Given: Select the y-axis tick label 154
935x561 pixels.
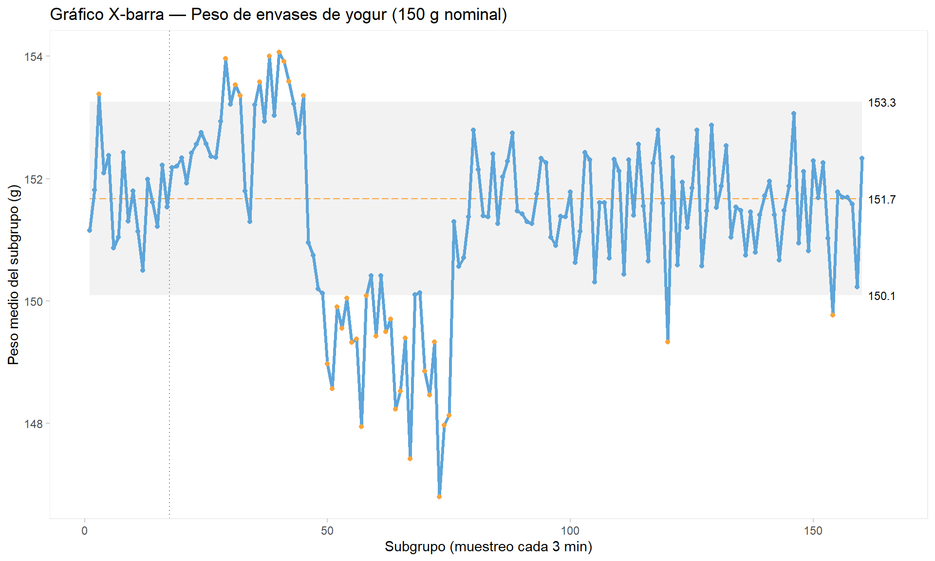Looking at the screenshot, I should click(33, 57).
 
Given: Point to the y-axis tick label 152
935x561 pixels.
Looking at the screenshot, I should click(33, 179).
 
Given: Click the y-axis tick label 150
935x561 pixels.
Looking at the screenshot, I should click(33, 301).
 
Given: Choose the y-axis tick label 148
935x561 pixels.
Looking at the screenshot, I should click(33, 424).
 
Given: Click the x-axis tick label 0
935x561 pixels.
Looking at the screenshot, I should click(85, 531).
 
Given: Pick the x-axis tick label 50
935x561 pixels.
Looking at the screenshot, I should click(327, 531).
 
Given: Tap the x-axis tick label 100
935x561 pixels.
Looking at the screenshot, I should click(570, 531).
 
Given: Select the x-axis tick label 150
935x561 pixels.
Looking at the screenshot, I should click(813, 531).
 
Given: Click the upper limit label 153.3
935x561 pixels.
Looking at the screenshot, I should click(881, 103).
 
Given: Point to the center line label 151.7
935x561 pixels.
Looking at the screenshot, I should click(881, 200).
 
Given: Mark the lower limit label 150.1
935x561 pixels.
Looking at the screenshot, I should click(881, 296).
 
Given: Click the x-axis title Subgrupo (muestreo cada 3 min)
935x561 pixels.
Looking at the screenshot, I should click(488, 547).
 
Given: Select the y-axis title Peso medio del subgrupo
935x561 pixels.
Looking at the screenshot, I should click(14, 275).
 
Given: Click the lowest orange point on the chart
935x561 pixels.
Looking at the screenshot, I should click(439, 497).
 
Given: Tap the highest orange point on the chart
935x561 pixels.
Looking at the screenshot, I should click(279, 52).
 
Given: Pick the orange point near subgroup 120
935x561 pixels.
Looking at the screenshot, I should click(668, 342).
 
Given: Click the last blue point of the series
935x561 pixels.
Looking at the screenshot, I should click(861, 158).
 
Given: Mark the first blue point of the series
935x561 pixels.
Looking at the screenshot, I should click(90, 230).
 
